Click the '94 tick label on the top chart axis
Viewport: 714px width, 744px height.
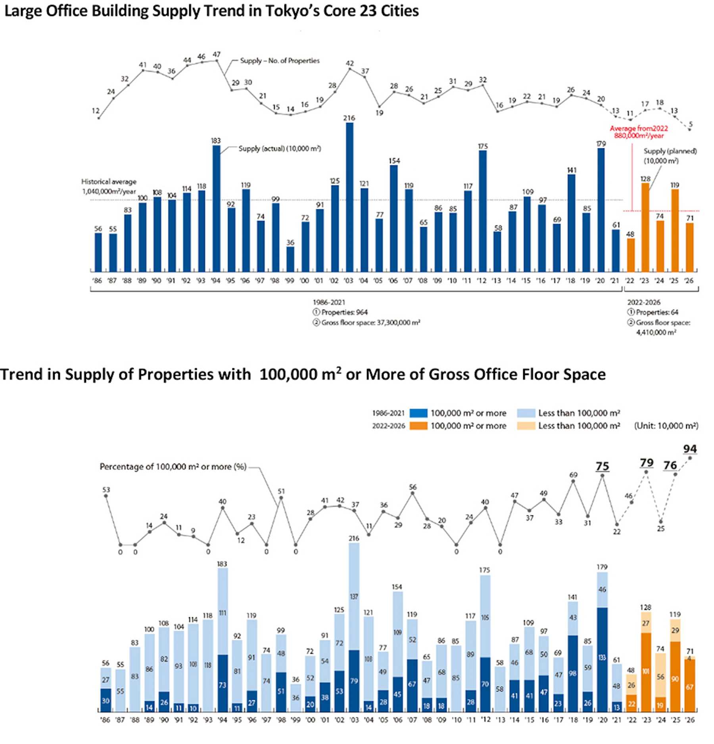216,281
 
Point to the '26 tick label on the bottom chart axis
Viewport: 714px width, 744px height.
690,720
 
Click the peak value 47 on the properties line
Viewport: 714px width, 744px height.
217,54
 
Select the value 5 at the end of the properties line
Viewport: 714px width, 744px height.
691,124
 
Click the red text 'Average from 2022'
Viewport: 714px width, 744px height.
639,128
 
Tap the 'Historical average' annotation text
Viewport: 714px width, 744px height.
109,182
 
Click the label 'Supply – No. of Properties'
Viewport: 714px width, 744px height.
280,61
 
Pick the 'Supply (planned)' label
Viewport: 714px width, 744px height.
670,151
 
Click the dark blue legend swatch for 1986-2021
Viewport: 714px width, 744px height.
418,413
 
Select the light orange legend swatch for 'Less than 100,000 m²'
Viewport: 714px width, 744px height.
526,426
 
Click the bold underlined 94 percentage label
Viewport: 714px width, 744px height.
690,449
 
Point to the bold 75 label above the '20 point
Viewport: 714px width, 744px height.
602,466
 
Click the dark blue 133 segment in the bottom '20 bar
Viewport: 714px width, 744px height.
602,658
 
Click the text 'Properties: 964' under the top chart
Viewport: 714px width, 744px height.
344,312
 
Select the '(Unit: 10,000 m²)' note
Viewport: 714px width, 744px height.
666,426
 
